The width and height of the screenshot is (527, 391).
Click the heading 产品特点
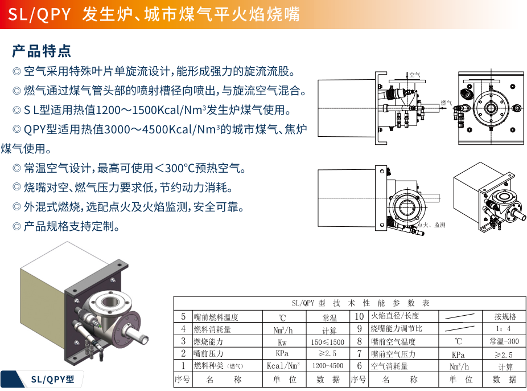pyautogui.click(x=42, y=51)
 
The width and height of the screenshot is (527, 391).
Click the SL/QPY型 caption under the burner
pyautogui.click(x=52, y=380)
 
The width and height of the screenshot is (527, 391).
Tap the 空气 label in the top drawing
pyautogui.click(x=415, y=75)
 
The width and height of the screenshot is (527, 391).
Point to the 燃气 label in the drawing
pyautogui.click(x=446, y=103)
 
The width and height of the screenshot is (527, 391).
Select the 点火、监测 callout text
pyautogui.click(x=431, y=225)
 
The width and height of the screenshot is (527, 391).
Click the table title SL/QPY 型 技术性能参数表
pyautogui.click(x=361, y=303)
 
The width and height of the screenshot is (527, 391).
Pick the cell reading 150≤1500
pyautogui.click(x=328, y=342)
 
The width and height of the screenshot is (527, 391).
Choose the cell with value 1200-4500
pyautogui.click(x=328, y=366)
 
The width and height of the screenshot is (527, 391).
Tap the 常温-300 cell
pyautogui.click(x=504, y=341)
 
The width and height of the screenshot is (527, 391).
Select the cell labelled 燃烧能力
pyautogui.click(x=208, y=341)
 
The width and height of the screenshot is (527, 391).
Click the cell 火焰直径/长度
pyautogui.click(x=395, y=316)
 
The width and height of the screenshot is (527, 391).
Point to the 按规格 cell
pyautogui.click(x=505, y=316)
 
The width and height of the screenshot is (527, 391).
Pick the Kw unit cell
pyautogui.click(x=282, y=343)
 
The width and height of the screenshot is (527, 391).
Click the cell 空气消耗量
pyautogui.click(x=389, y=366)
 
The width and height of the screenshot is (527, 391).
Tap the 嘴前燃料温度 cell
pyautogui.click(x=216, y=317)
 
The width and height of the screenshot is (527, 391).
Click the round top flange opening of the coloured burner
pyautogui.click(x=110, y=301)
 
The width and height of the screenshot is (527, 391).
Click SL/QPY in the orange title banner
pyautogui.click(x=39, y=14)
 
